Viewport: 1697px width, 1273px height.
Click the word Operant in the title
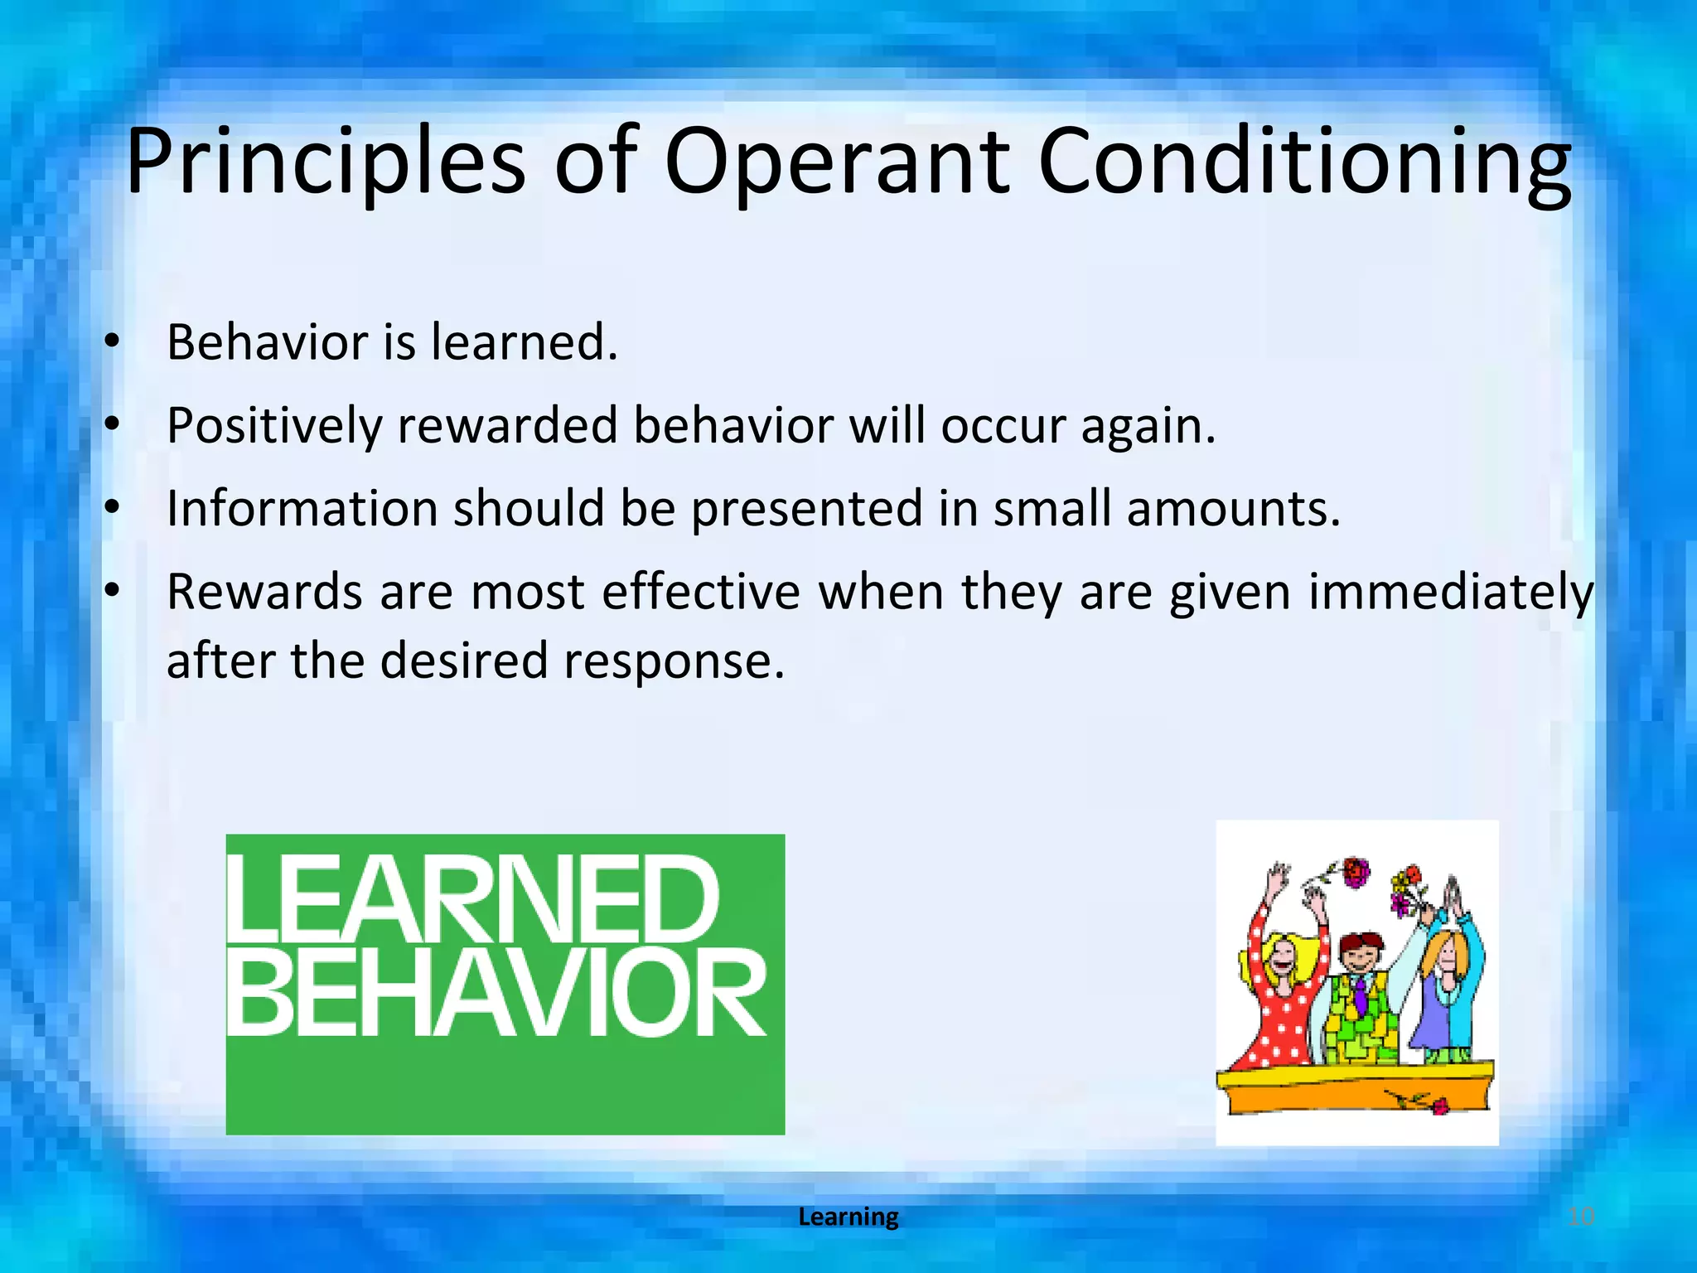click(837, 163)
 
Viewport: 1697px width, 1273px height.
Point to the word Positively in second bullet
click(274, 426)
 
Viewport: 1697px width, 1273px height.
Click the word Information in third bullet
click(302, 508)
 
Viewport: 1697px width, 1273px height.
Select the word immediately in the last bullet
click(1450, 593)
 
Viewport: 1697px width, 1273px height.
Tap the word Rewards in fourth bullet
click(265, 593)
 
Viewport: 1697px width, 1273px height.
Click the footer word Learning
click(848, 1217)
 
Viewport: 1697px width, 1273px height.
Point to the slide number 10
click(1581, 1217)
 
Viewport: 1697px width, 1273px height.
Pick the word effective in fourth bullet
click(701, 593)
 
